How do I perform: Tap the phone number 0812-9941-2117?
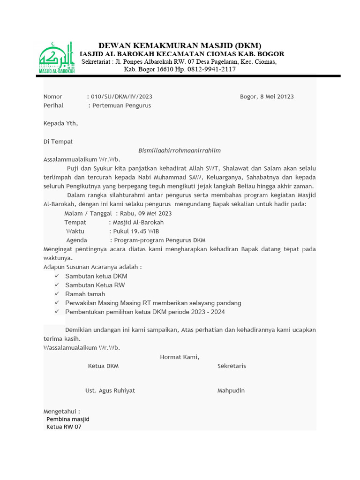click(x=210, y=69)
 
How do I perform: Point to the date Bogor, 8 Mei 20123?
click(x=267, y=97)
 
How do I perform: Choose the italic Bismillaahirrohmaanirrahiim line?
click(x=180, y=150)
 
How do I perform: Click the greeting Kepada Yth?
click(x=60, y=124)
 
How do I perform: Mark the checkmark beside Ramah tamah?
click(x=56, y=294)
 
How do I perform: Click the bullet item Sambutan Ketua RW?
click(x=95, y=285)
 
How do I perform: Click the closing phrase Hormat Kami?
click(x=180, y=357)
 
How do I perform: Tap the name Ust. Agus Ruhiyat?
click(x=110, y=390)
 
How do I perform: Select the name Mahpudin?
click(x=231, y=390)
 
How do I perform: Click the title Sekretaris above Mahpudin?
click(x=232, y=366)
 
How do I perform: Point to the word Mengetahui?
click(x=60, y=411)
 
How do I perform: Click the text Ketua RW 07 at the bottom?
click(x=64, y=427)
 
